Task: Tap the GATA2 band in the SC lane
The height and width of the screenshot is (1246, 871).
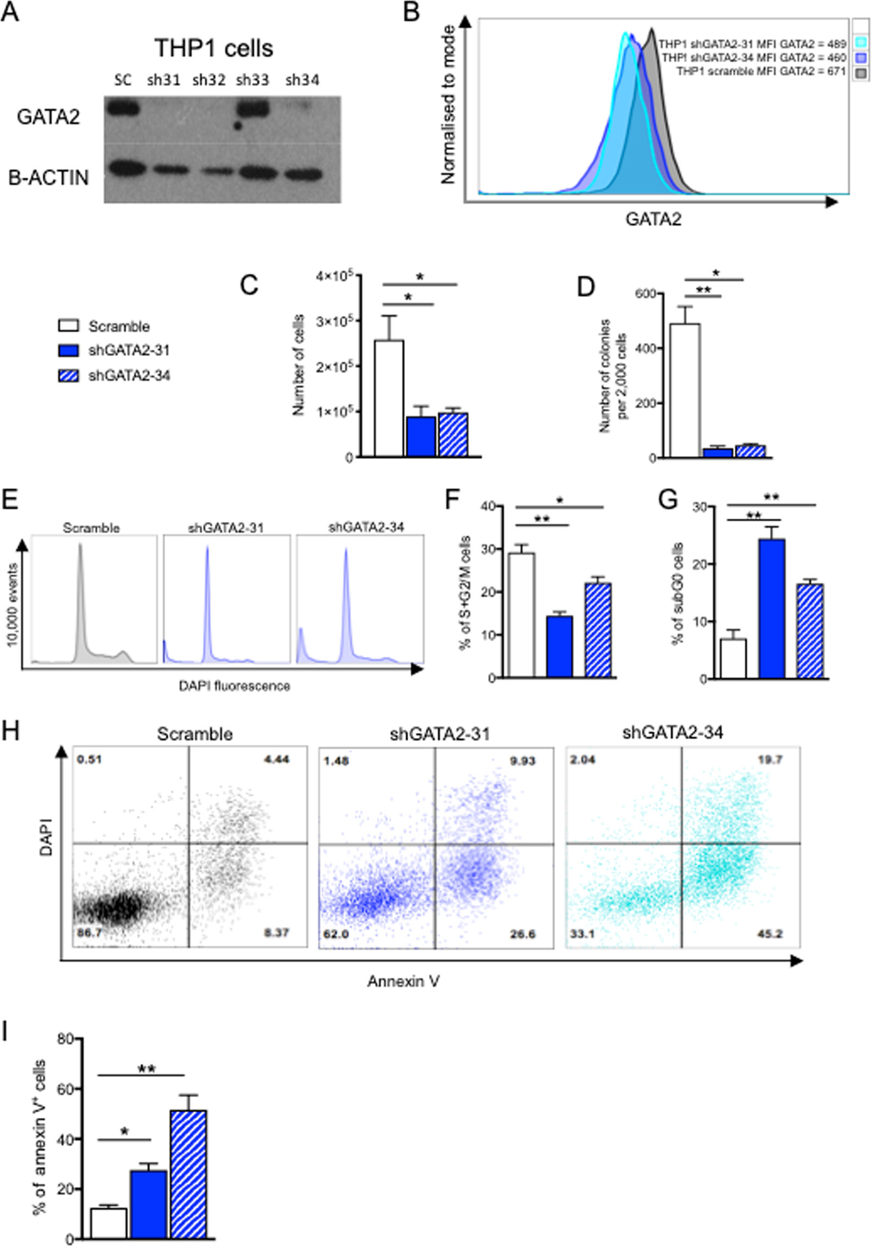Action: click(x=123, y=108)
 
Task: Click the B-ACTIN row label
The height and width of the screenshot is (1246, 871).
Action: click(x=49, y=178)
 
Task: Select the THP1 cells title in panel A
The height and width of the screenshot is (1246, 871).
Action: click(x=214, y=49)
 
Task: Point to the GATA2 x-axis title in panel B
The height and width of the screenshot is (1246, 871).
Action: click(x=653, y=219)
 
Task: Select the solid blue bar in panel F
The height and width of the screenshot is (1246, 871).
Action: click(x=559, y=646)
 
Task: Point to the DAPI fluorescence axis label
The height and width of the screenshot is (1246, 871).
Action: click(x=235, y=686)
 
